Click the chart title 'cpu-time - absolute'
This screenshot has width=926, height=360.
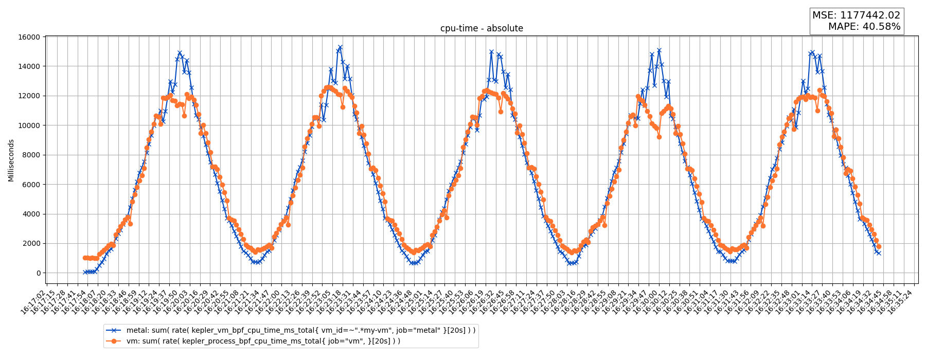482,28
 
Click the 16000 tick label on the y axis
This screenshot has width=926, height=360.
29,37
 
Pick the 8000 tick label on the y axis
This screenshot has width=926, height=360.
31,155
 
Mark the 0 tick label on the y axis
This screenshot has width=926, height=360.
38,273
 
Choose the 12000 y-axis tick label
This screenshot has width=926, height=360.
29,96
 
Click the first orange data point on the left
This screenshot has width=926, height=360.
85,258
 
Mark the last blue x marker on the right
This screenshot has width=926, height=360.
879,253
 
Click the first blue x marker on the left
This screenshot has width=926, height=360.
85,272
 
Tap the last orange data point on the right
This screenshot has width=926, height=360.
879,246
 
